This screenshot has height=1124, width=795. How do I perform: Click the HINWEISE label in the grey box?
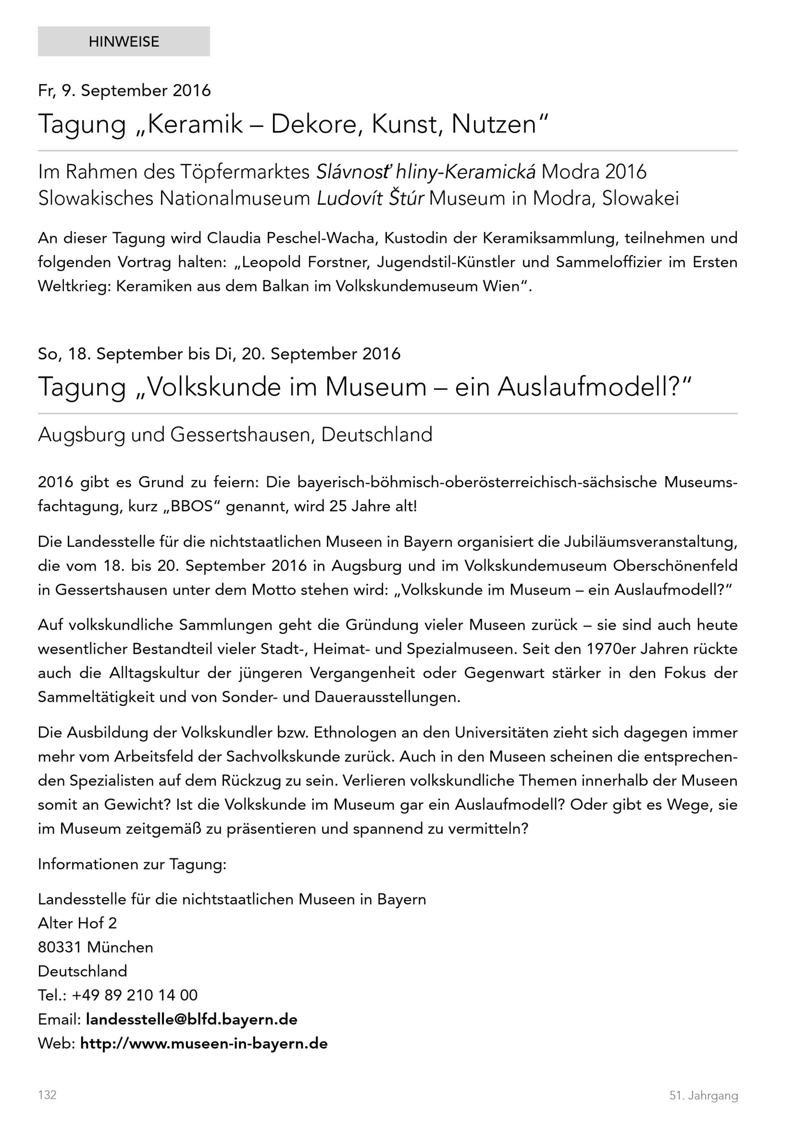pyautogui.click(x=124, y=42)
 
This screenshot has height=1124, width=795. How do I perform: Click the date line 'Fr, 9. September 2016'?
pyautogui.click(x=124, y=91)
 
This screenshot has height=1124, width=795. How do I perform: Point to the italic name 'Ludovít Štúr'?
pyautogui.click(x=370, y=199)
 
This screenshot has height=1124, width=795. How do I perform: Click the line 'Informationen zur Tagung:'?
pyautogui.click(x=132, y=864)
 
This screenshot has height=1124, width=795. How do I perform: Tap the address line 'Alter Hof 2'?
pyautogui.click(x=78, y=923)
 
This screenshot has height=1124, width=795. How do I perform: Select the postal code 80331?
pyautogui.click(x=59, y=947)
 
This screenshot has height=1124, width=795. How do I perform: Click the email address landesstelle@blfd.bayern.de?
pyautogui.click(x=192, y=1019)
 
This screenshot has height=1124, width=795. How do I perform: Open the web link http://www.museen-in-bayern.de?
pyautogui.click(x=204, y=1043)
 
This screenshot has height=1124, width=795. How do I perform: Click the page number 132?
pyautogui.click(x=47, y=1095)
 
